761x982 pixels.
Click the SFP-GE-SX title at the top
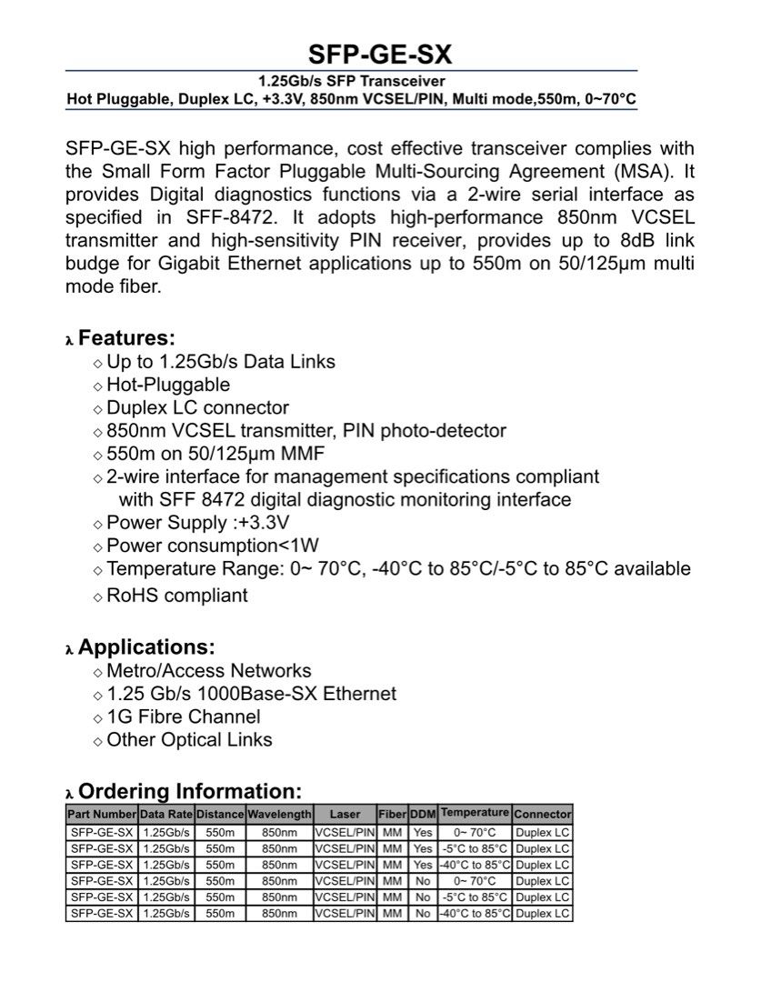(379, 54)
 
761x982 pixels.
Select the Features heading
(126, 338)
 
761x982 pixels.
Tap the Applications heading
(146, 647)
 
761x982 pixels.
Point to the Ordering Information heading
(189, 791)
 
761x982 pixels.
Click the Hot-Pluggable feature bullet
(168, 385)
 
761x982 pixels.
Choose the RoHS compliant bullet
(176, 596)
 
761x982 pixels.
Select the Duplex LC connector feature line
(197, 407)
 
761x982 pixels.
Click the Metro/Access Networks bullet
(208, 671)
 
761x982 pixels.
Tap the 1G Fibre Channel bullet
(183, 716)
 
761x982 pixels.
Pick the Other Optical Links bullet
(189, 739)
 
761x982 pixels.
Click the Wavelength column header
(279, 815)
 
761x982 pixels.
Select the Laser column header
(345, 815)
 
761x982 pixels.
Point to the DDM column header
(423, 815)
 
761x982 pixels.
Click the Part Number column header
(102, 815)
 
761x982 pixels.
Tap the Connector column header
(542, 815)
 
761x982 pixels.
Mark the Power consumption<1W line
(213, 546)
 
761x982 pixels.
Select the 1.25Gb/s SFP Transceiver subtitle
(350, 80)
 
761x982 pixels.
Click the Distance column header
(220, 815)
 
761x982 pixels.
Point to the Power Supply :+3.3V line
(197, 523)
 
